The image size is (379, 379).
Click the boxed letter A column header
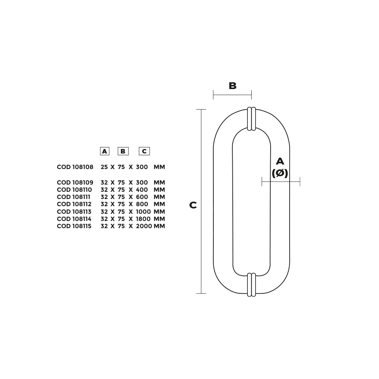105,151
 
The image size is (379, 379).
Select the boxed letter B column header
123,151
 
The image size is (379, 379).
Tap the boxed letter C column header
144,151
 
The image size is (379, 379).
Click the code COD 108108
75,167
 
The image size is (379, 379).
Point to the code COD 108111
74,197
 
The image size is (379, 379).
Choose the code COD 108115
74,226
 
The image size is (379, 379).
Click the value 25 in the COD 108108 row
104,167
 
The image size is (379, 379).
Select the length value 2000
144,226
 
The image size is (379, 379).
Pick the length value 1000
143,212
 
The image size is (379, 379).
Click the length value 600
142,197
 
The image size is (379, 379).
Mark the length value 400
142,190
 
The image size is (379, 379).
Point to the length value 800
142,204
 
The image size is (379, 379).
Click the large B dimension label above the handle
232,86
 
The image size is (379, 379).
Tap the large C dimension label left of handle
193,205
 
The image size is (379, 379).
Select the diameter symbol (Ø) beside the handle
280,173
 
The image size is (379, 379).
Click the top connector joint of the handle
251,119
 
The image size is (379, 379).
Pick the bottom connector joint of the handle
251,285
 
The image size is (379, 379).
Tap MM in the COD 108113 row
159,212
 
